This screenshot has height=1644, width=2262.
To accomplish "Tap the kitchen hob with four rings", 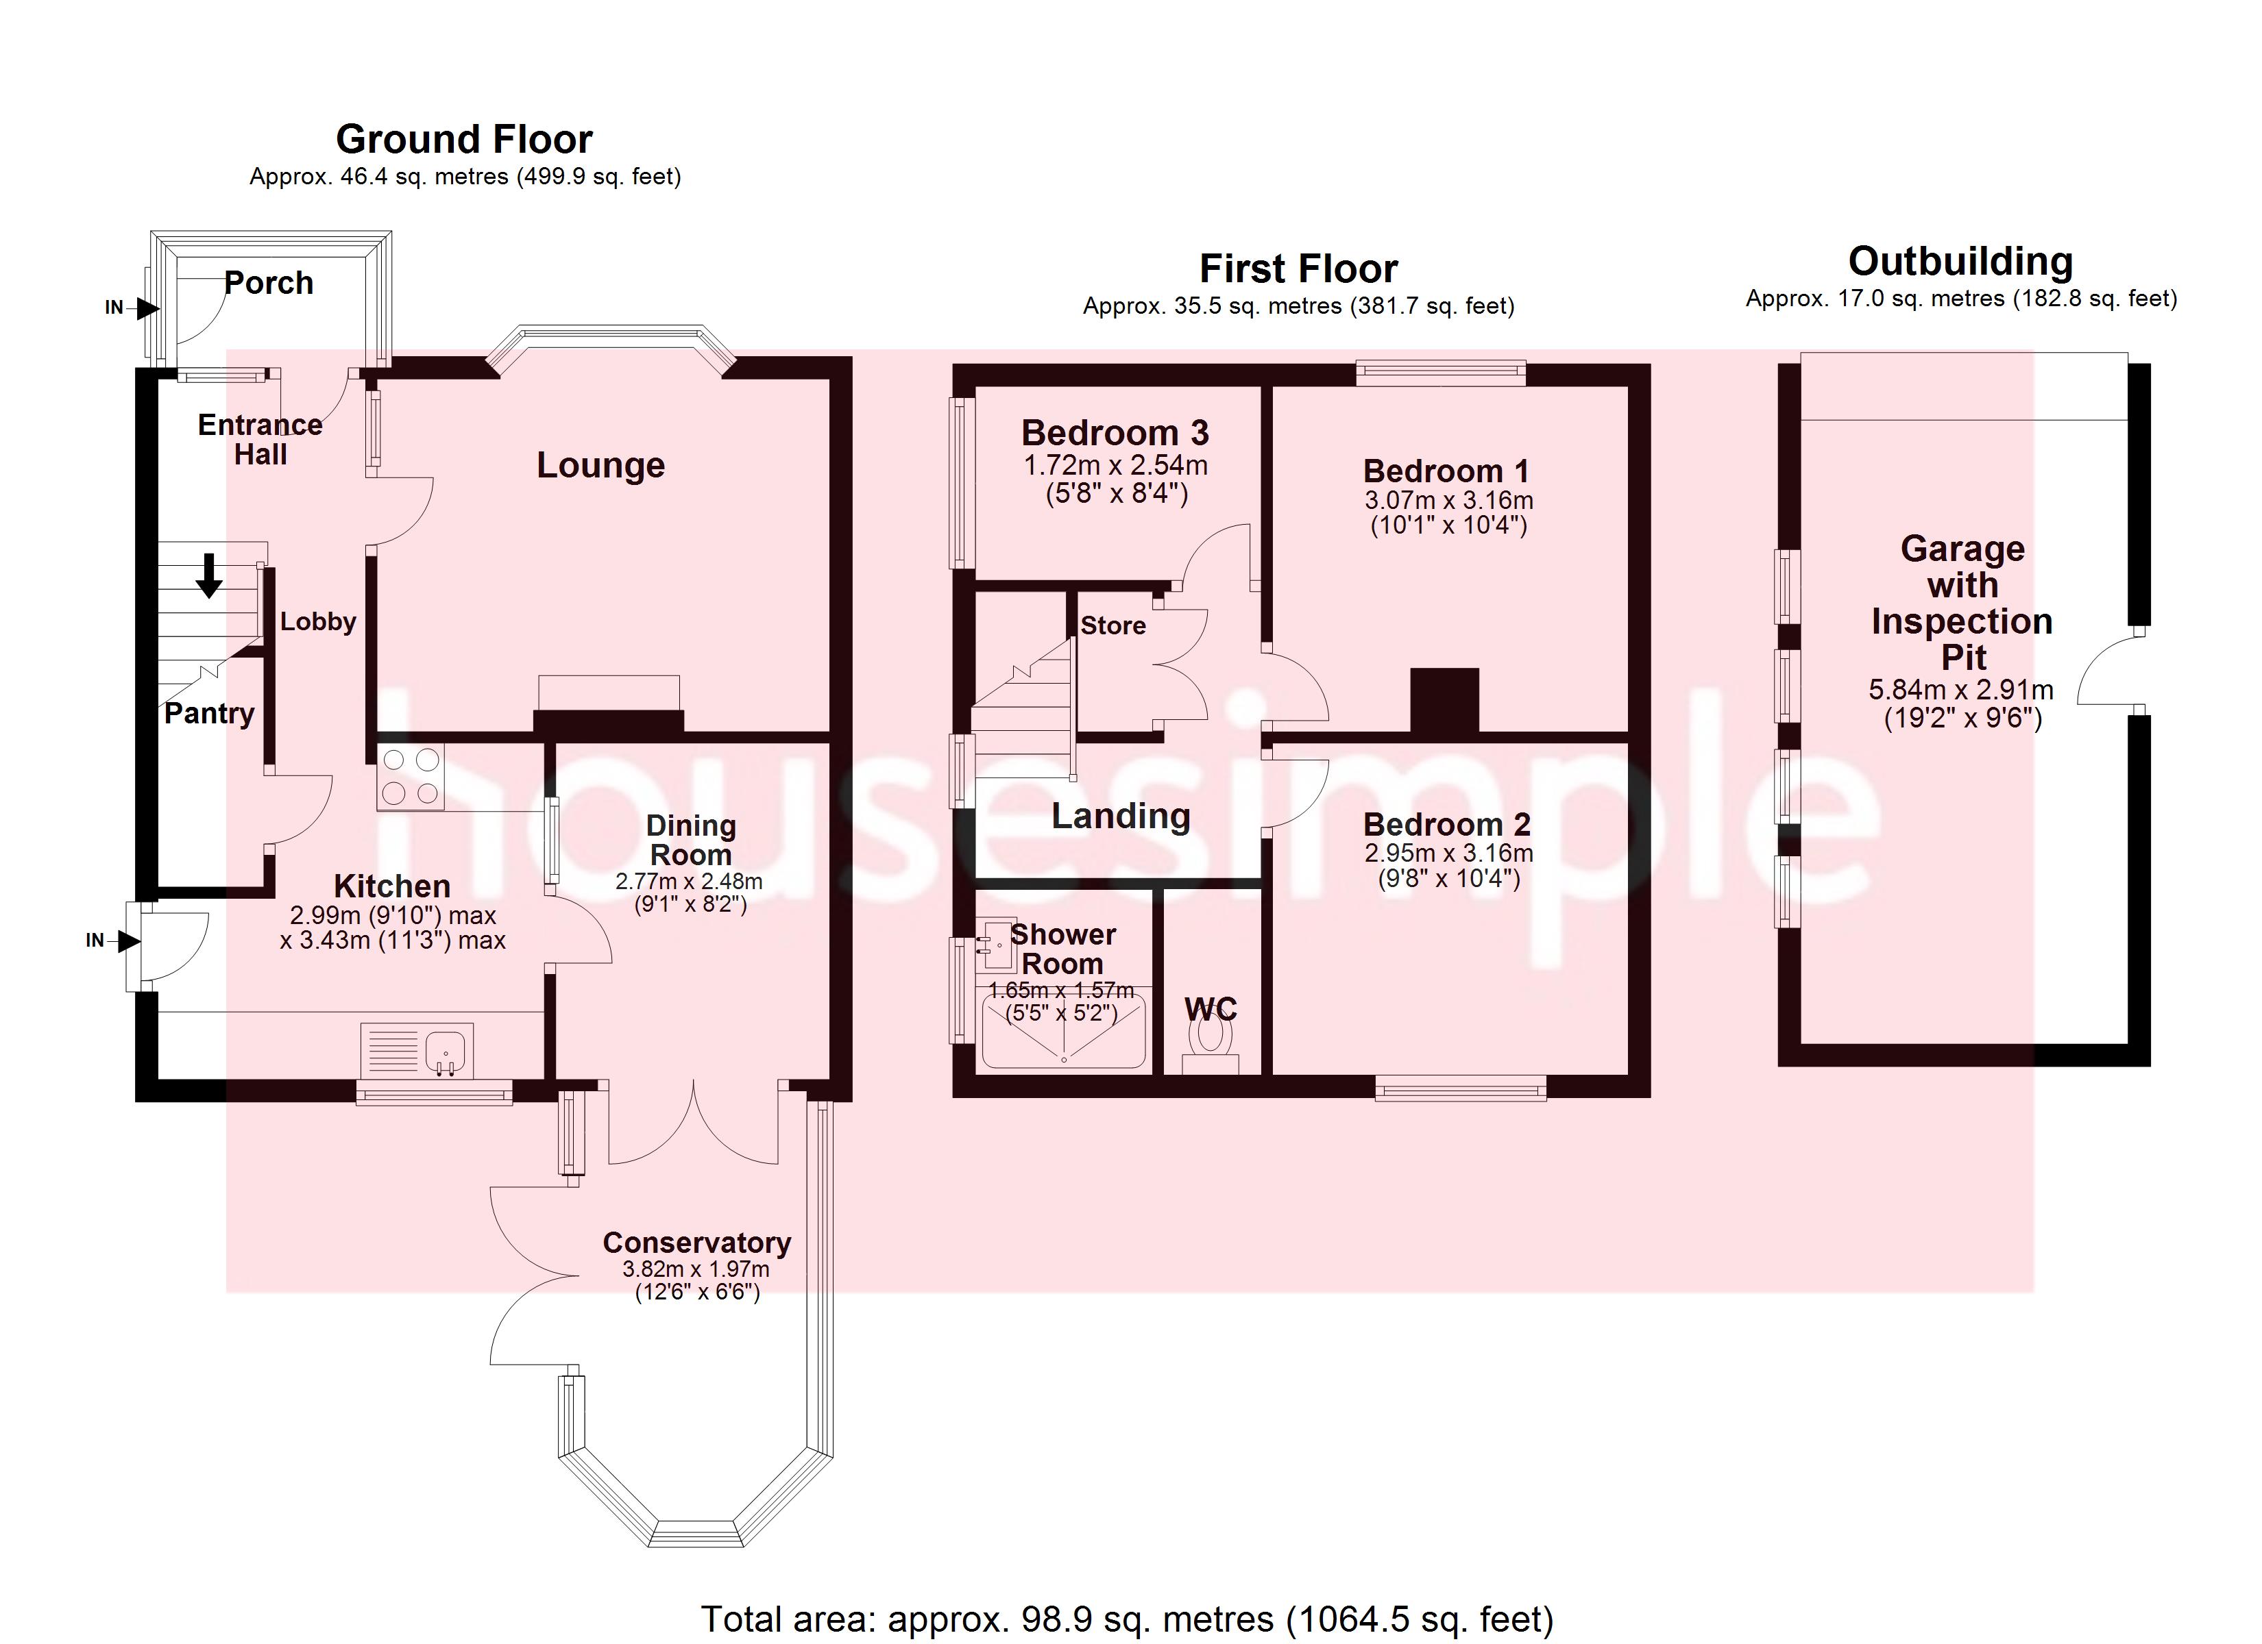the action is [x=411, y=777].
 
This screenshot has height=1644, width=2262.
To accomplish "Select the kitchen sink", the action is [x=417, y=1051].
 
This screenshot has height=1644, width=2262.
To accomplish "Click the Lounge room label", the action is [x=600, y=466].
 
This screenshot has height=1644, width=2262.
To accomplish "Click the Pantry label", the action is [x=210, y=714].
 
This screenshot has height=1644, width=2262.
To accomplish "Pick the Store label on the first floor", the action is [x=1113, y=625].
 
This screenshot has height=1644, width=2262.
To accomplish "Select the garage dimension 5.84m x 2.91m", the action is [x=1961, y=689].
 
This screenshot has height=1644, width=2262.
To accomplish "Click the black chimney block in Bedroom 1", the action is [x=1444, y=701].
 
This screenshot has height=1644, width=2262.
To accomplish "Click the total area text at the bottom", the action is [x=1127, y=1619].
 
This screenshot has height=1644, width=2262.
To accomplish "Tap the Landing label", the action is [x=1121, y=816].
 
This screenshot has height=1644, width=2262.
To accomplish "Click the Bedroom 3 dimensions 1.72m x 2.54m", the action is [x=1116, y=466].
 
